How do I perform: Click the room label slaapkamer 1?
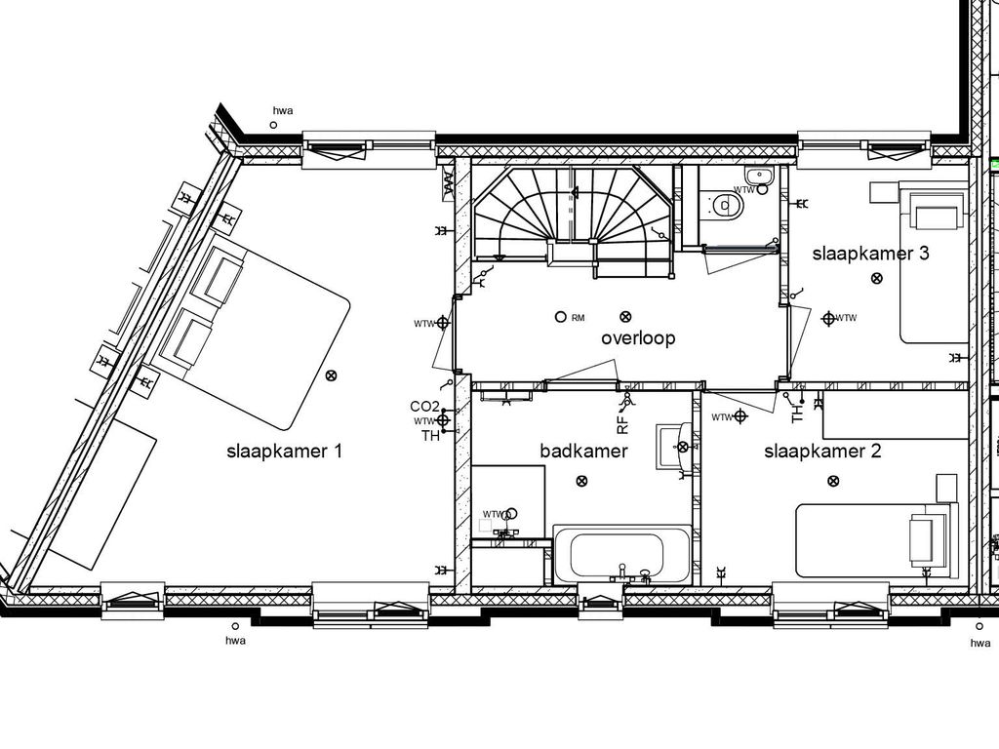coord(284,452)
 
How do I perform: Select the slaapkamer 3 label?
coord(871,254)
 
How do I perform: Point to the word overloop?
coord(638,338)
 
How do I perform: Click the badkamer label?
coord(583,451)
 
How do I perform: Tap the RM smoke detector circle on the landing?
coord(560,317)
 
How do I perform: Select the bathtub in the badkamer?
coord(622,554)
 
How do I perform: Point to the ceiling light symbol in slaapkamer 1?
coord(332,375)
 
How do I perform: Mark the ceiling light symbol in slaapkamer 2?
coord(833,481)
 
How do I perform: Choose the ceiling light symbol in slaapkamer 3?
coord(876,279)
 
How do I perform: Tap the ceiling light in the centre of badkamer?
coord(582,481)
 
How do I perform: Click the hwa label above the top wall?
coord(283,111)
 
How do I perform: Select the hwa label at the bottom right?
coord(980,643)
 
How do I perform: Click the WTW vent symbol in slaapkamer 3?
coord(828,318)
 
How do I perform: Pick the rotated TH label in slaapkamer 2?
coord(798,414)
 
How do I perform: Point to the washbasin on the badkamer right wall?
coord(674,447)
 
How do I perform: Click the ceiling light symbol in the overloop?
coord(625,317)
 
